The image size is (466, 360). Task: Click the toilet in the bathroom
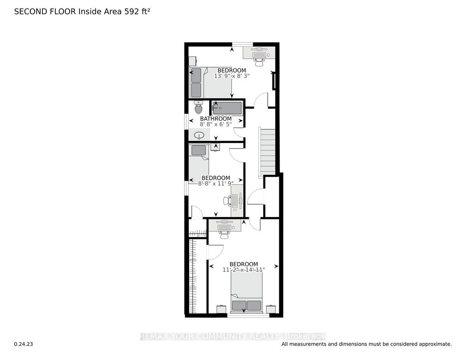pos(198,107)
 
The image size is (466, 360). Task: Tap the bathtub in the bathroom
pos(227,108)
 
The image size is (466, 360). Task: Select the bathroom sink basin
pos(200,136)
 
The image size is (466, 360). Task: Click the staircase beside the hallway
pos(267,153)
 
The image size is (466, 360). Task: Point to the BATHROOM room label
pos(216,119)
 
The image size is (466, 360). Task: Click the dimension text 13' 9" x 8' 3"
pos(231,76)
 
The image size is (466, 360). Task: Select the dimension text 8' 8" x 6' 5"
pos(216,125)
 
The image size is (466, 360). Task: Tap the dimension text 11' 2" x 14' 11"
pos(243,270)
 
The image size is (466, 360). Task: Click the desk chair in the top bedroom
pos(259,56)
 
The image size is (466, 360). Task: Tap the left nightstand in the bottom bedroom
pos(221,309)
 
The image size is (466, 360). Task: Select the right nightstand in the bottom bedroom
pos(271,309)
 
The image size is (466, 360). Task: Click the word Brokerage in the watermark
pos(306,336)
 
